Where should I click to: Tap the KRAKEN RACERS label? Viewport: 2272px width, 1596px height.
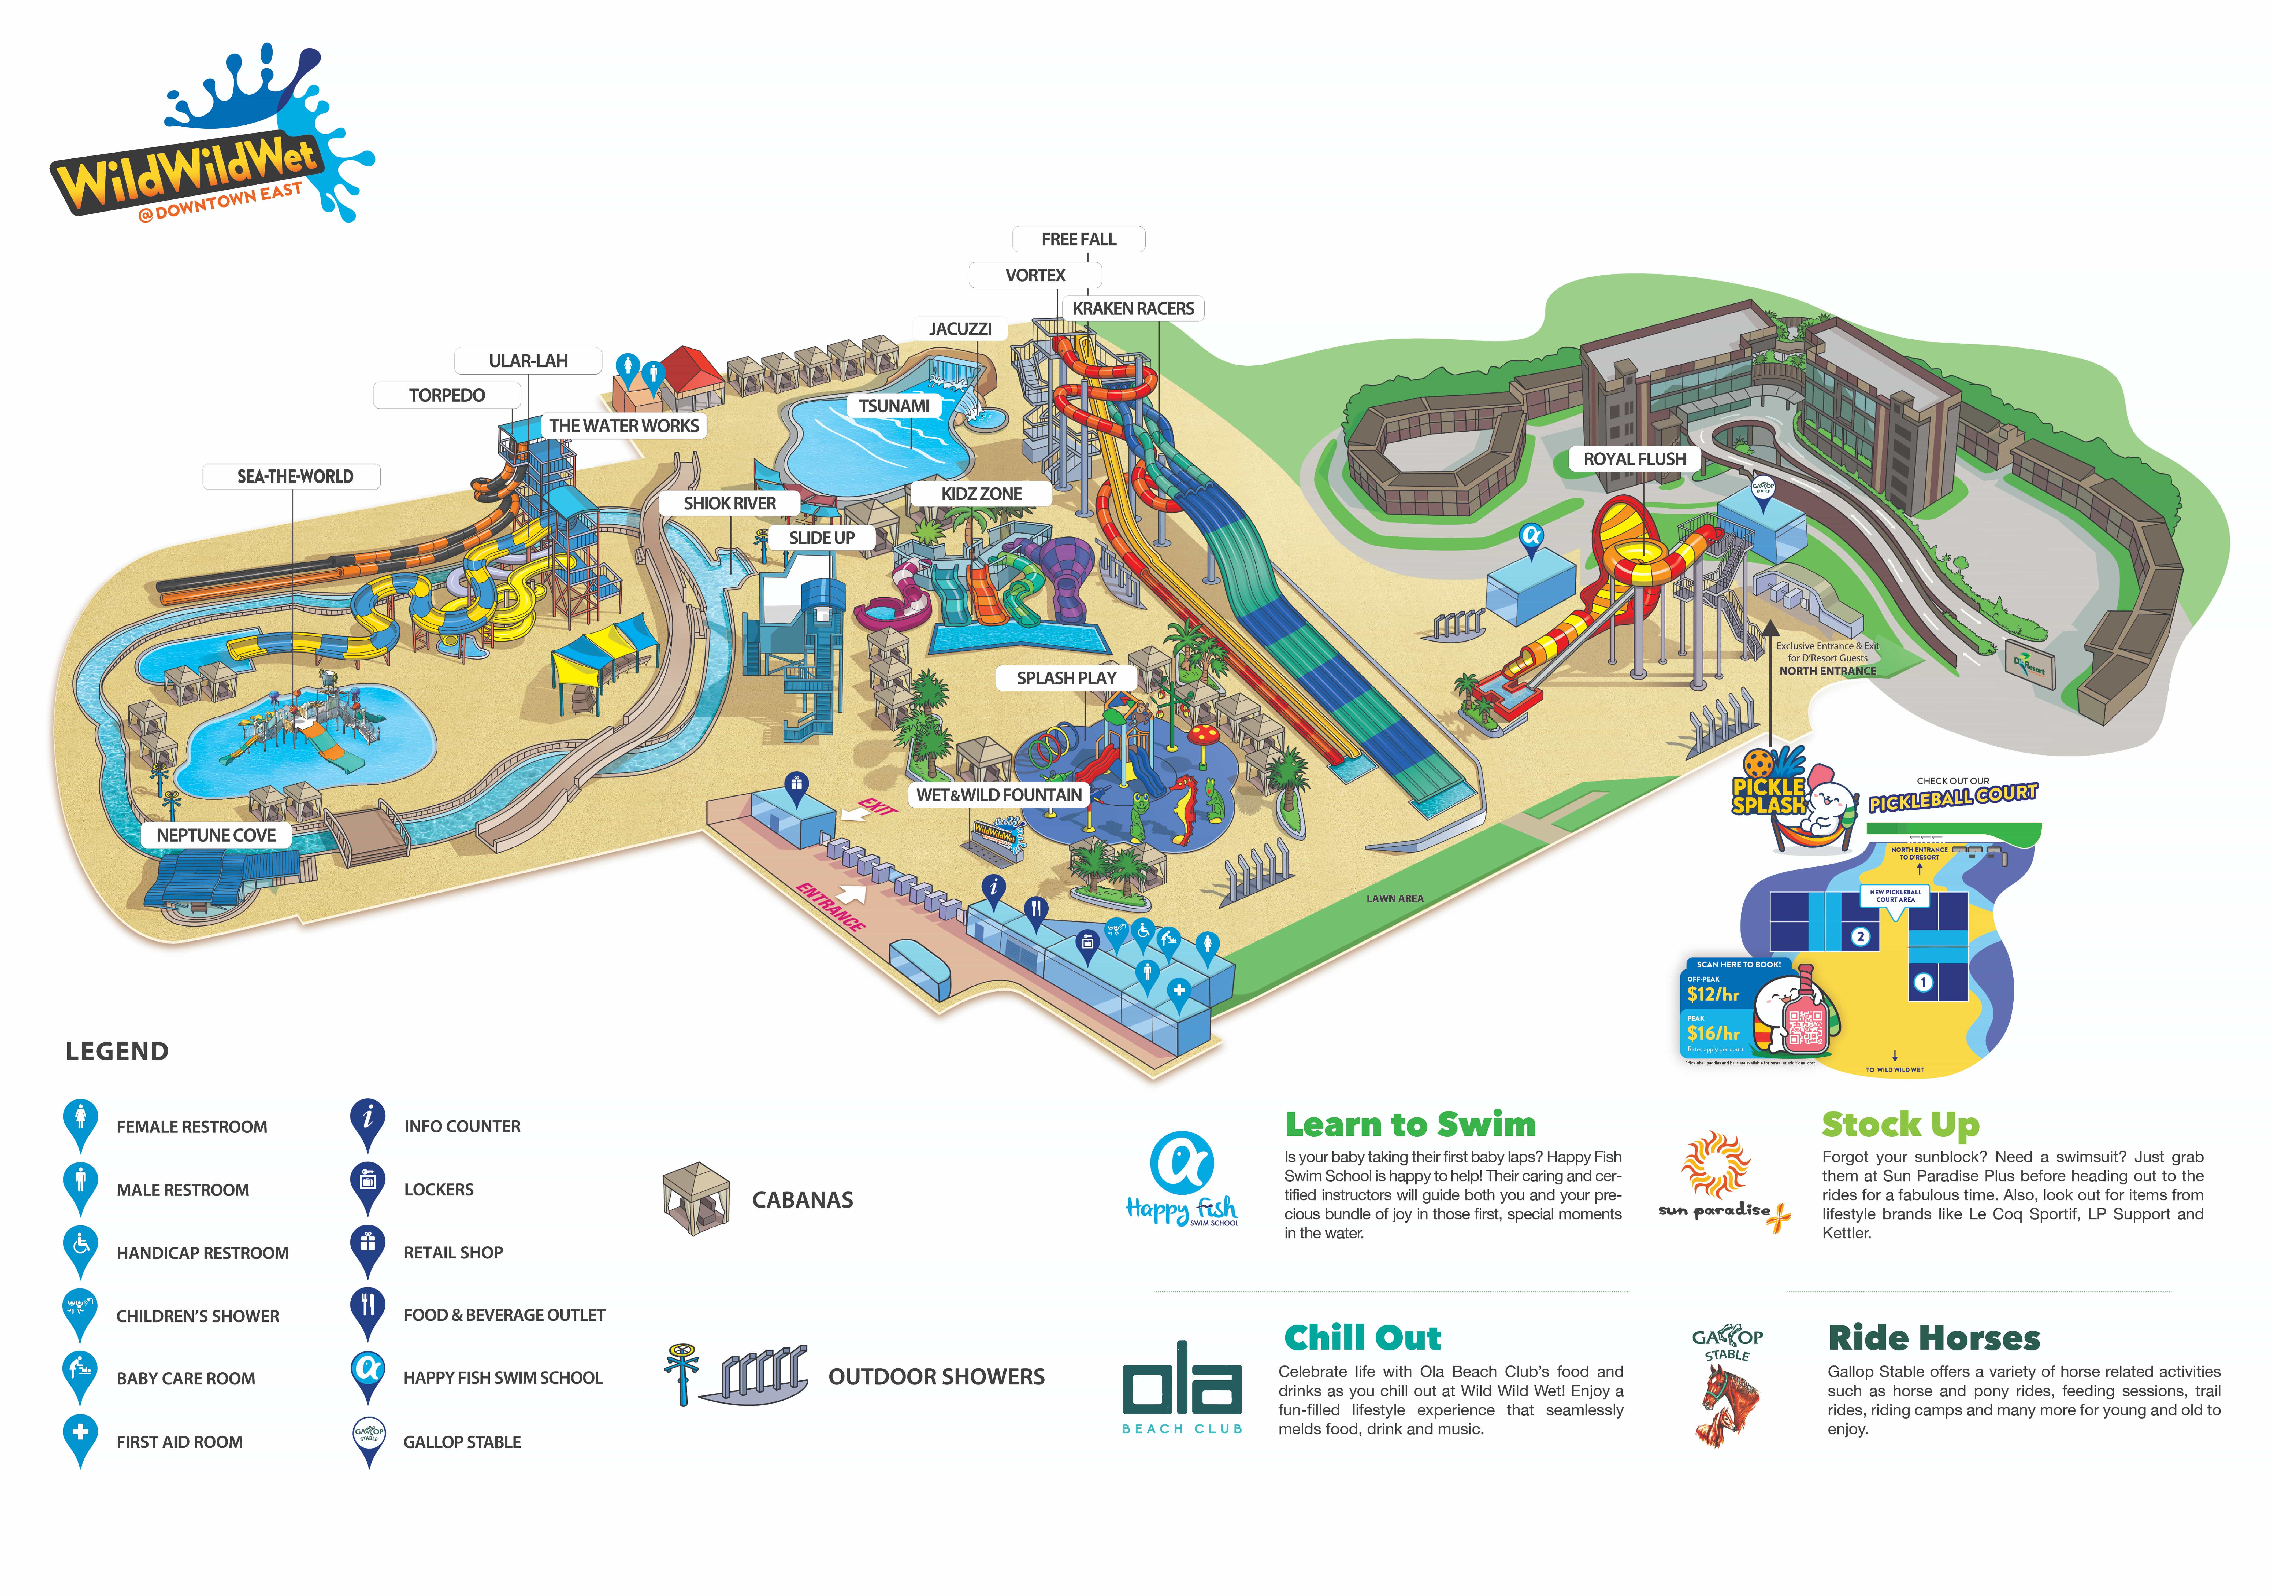click(x=1133, y=309)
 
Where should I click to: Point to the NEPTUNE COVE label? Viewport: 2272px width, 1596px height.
click(x=216, y=835)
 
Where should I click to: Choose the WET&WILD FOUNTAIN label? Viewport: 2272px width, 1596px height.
click(x=998, y=795)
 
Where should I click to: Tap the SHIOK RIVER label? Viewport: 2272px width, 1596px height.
click(x=729, y=504)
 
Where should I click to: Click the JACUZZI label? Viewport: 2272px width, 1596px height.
click(x=960, y=328)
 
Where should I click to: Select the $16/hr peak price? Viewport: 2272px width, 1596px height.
click(x=1713, y=1033)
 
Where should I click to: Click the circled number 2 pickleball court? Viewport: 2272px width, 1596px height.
click(x=1860, y=936)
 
